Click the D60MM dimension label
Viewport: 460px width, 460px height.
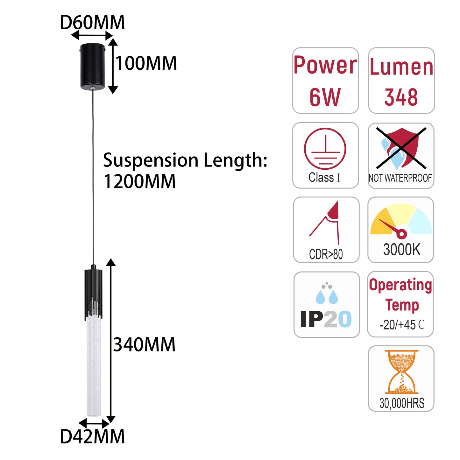(92, 22)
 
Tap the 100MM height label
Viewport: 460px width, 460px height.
(146, 63)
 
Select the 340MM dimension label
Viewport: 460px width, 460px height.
(144, 345)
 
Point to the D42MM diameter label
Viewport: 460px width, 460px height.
(92, 436)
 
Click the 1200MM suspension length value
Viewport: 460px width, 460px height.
(140, 182)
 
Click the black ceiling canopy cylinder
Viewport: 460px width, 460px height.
(92, 67)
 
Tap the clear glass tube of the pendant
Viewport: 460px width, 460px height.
(94, 365)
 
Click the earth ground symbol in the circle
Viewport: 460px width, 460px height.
(325, 148)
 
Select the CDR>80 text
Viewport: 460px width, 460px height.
(326, 254)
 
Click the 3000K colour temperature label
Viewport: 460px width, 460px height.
(402, 250)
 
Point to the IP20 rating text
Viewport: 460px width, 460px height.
(326, 319)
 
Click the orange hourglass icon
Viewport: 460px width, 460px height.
(402, 372)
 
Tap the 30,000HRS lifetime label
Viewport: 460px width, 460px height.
(402, 403)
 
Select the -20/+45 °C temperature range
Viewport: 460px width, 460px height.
(402, 325)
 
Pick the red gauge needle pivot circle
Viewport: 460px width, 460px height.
(401, 234)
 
